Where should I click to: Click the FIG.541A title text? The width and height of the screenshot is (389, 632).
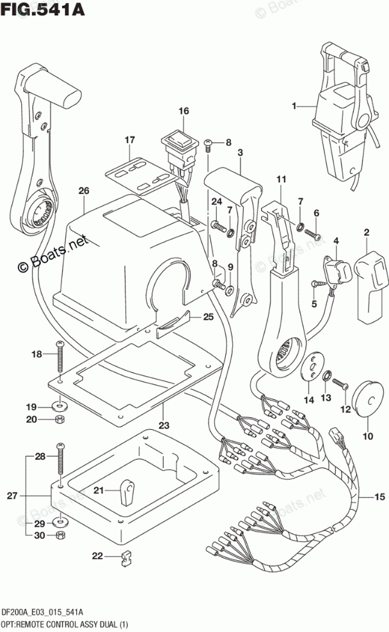(x=43, y=9)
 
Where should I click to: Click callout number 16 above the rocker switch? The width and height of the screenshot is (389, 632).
(x=184, y=111)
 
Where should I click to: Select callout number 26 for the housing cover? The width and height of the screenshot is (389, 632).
(x=84, y=191)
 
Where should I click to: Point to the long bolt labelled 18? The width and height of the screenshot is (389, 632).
(x=60, y=356)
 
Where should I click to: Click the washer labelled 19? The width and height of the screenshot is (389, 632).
(x=60, y=404)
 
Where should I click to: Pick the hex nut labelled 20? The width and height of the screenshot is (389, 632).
(x=60, y=420)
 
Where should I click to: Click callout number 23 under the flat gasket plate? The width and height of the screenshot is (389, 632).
(x=164, y=425)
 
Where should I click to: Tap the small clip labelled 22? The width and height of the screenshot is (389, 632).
(x=127, y=558)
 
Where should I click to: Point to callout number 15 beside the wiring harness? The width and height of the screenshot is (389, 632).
(x=380, y=497)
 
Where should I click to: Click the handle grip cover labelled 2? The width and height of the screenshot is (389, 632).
(x=371, y=287)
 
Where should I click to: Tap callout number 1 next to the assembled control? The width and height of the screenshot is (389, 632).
(x=294, y=106)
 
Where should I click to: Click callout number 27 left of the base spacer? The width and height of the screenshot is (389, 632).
(x=12, y=495)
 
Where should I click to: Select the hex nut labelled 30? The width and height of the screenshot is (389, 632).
(x=61, y=535)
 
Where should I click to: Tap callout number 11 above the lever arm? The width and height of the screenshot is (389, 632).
(x=282, y=178)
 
